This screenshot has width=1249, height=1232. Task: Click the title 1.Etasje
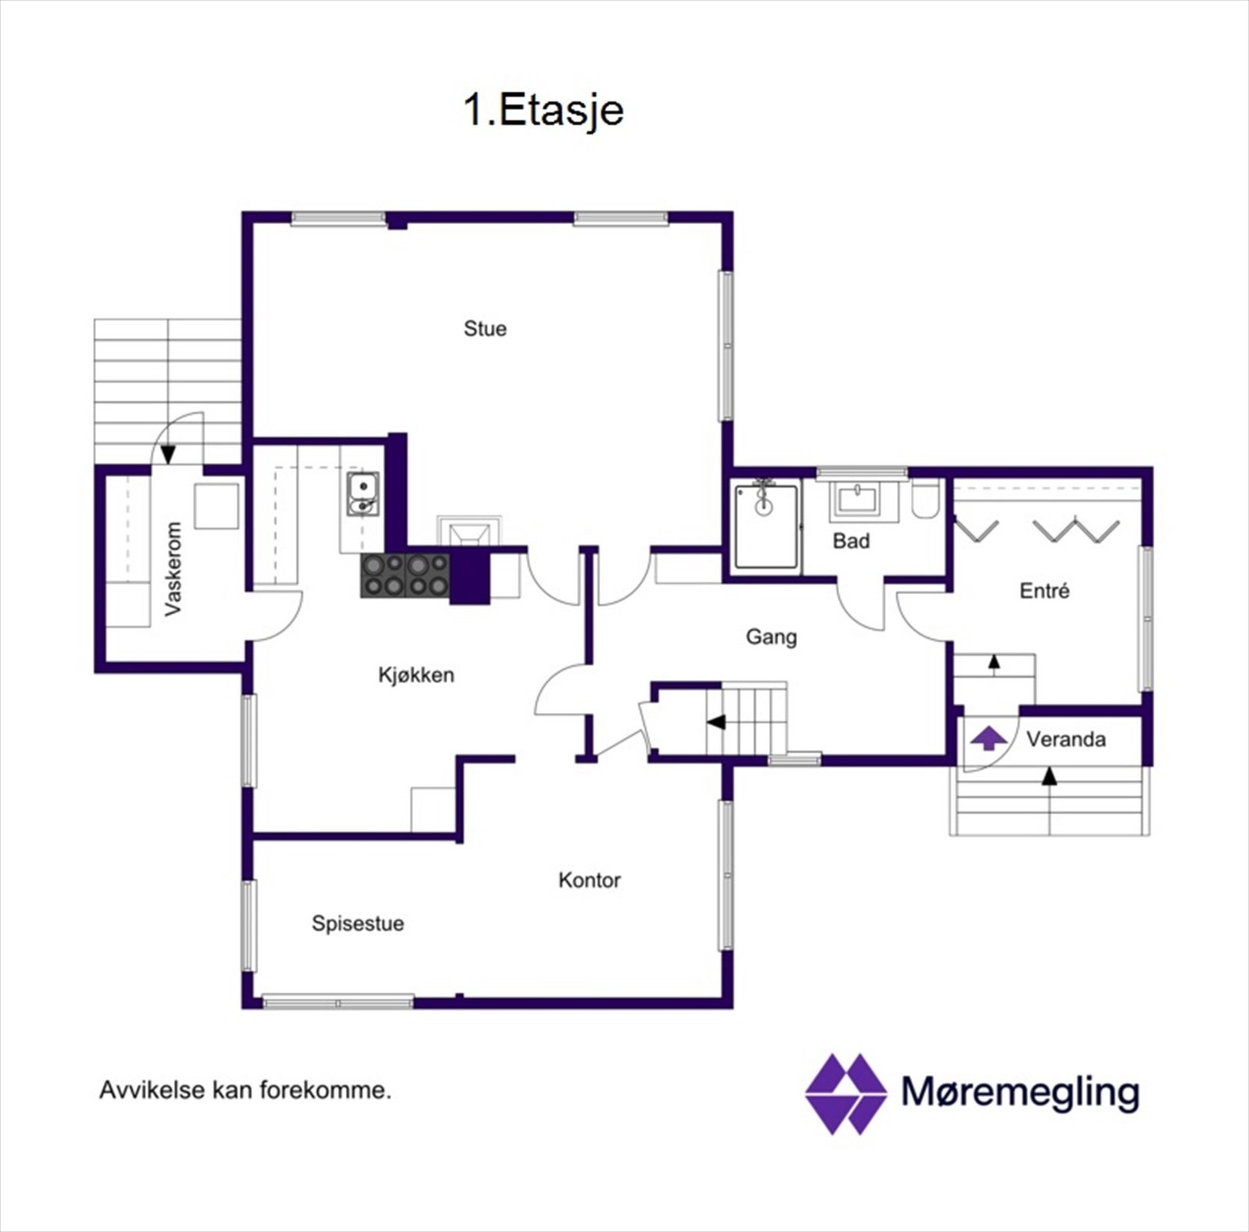[x=543, y=110]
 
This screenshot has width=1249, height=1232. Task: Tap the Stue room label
[x=485, y=329]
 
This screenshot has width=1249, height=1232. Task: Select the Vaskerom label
[x=173, y=568]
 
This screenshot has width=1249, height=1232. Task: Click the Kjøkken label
[x=416, y=675]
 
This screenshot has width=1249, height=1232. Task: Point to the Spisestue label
[x=358, y=923]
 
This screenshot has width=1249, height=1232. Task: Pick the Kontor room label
[x=589, y=880]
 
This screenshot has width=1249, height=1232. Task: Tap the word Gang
[x=771, y=636]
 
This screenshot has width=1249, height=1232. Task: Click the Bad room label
[x=851, y=541]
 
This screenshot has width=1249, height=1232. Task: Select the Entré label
[x=1044, y=590]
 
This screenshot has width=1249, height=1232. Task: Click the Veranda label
[x=1066, y=739]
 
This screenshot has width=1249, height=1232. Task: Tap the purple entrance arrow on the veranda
[x=988, y=738]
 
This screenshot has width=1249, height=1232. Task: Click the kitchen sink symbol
[x=363, y=494]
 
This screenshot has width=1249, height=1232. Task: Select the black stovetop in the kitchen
[x=405, y=575]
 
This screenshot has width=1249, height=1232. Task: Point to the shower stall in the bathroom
[x=767, y=525]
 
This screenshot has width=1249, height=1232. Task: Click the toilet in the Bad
[x=926, y=500]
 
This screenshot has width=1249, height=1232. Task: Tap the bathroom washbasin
[x=857, y=499]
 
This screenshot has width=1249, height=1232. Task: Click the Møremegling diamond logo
[x=845, y=1093]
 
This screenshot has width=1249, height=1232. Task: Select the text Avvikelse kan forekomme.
[x=245, y=1090]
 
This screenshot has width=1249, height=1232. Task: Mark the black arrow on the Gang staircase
[x=715, y=722]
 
